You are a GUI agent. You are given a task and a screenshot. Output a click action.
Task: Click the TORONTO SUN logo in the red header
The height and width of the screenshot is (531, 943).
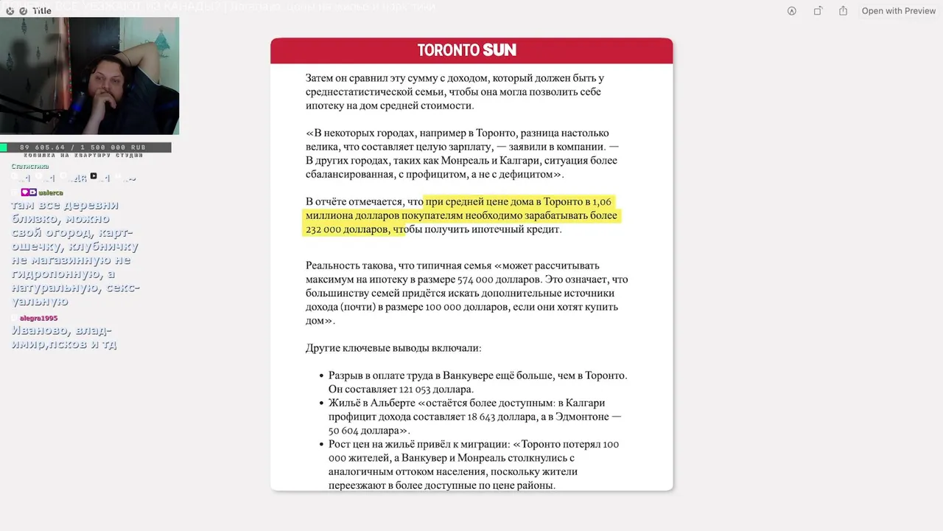[x=467, y=50]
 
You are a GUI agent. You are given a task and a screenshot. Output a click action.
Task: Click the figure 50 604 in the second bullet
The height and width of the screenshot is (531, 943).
[x=347, y=431]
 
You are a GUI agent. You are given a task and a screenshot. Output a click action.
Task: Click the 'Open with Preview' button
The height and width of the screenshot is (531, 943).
[x=898, y=11]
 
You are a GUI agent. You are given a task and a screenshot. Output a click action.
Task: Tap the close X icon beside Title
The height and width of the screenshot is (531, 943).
[x=10, y=11]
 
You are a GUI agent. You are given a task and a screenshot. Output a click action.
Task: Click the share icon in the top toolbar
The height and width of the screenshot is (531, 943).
[x=844, y=11]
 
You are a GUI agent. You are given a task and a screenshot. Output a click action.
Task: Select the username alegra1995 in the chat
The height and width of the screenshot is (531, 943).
[x=38, y=318]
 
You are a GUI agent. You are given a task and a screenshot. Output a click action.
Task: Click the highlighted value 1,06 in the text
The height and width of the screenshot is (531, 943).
[x=602, y=202]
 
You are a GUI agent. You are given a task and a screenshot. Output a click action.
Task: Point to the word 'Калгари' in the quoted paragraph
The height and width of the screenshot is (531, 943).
[x=477, y=161]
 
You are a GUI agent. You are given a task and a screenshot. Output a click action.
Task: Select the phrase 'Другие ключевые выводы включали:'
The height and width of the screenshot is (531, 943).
[x=393, y=348]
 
